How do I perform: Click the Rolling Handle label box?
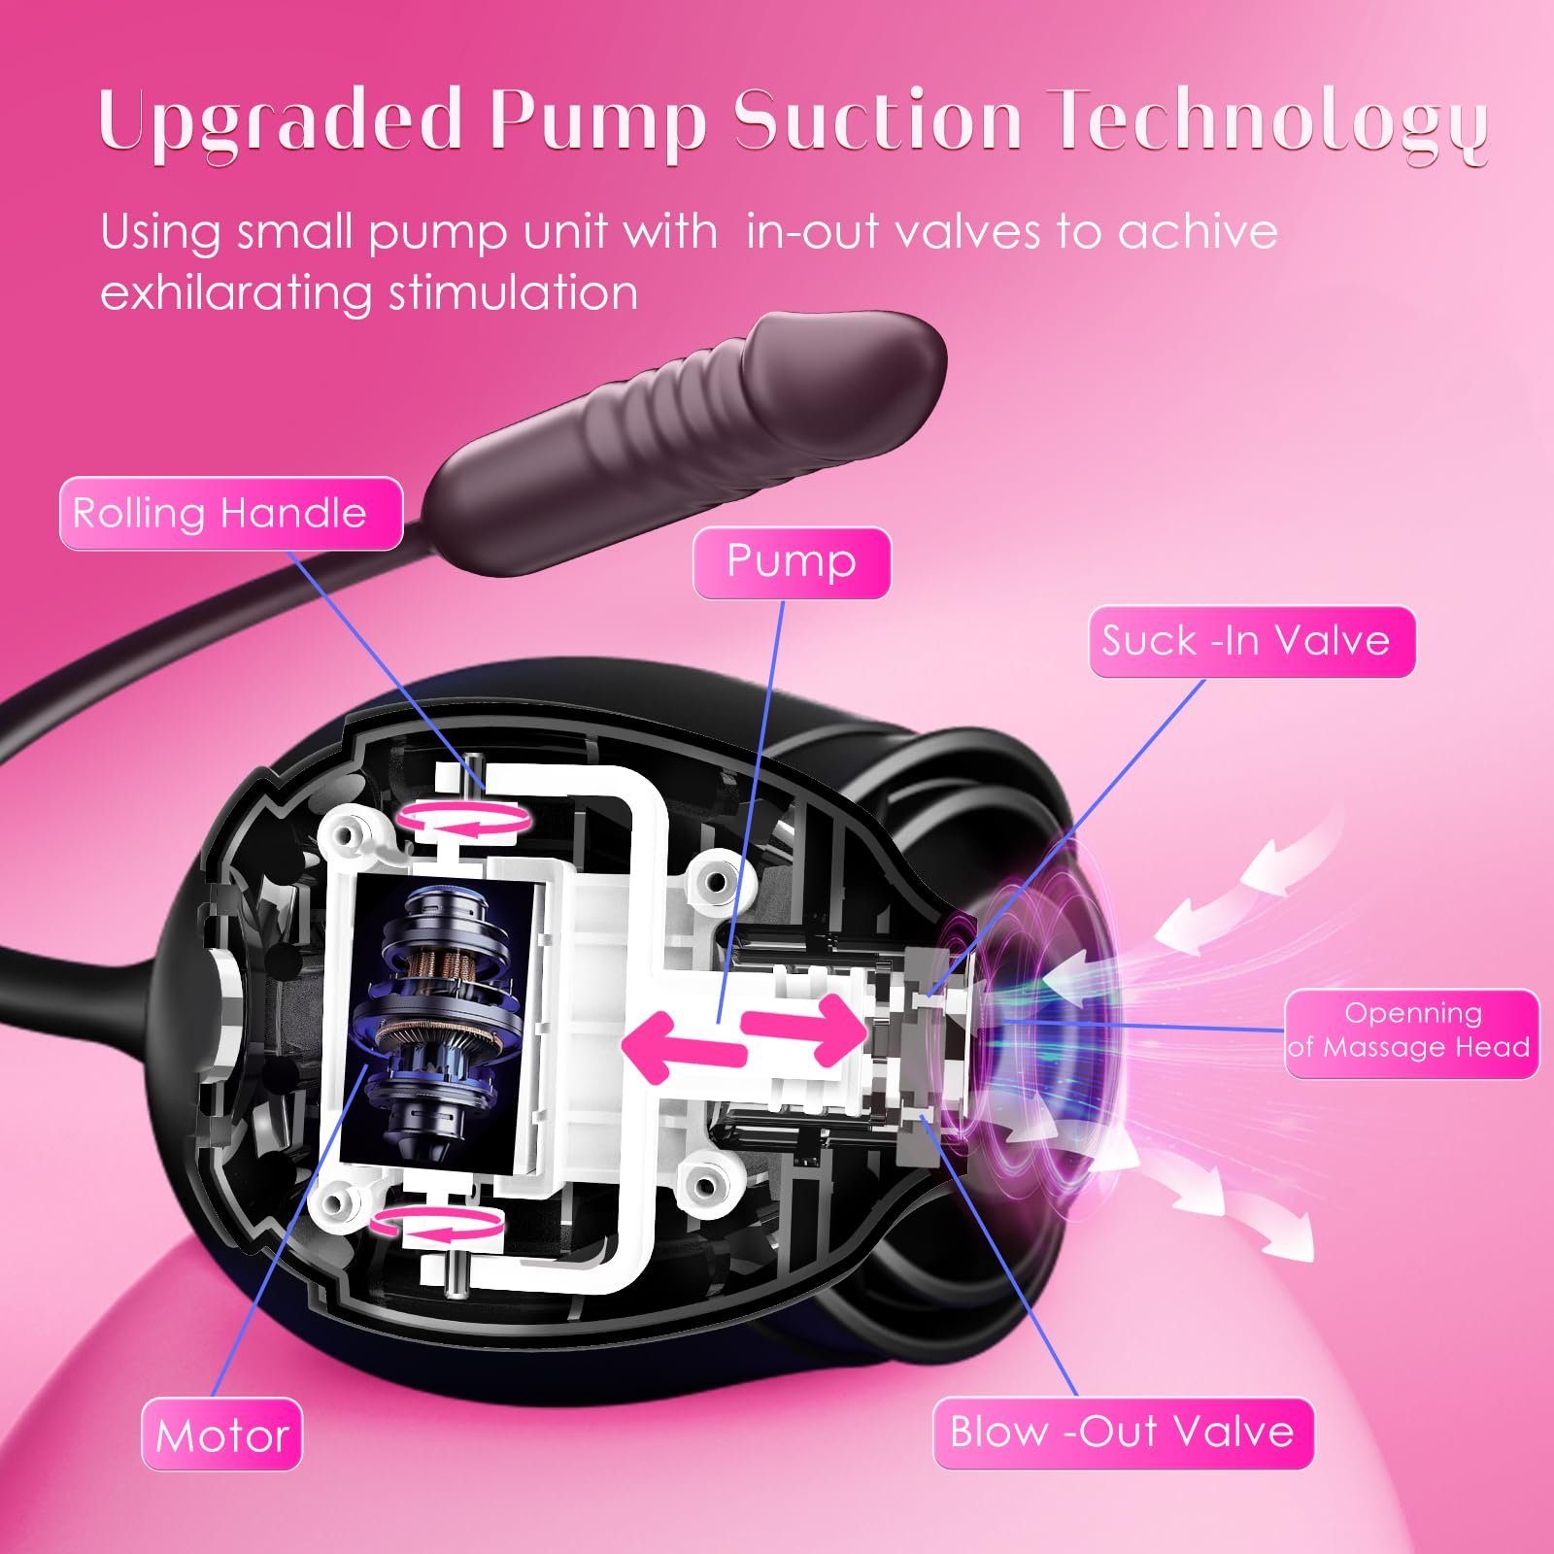[230, 514]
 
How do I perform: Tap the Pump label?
[791, 562]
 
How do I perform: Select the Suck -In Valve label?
[1251, 641]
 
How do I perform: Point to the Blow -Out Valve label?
[1122, 1433]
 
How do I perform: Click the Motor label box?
[222, 1435]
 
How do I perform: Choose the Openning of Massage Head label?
[1411, 1031]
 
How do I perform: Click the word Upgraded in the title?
[280, 121]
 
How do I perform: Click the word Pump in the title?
[597, 121]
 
